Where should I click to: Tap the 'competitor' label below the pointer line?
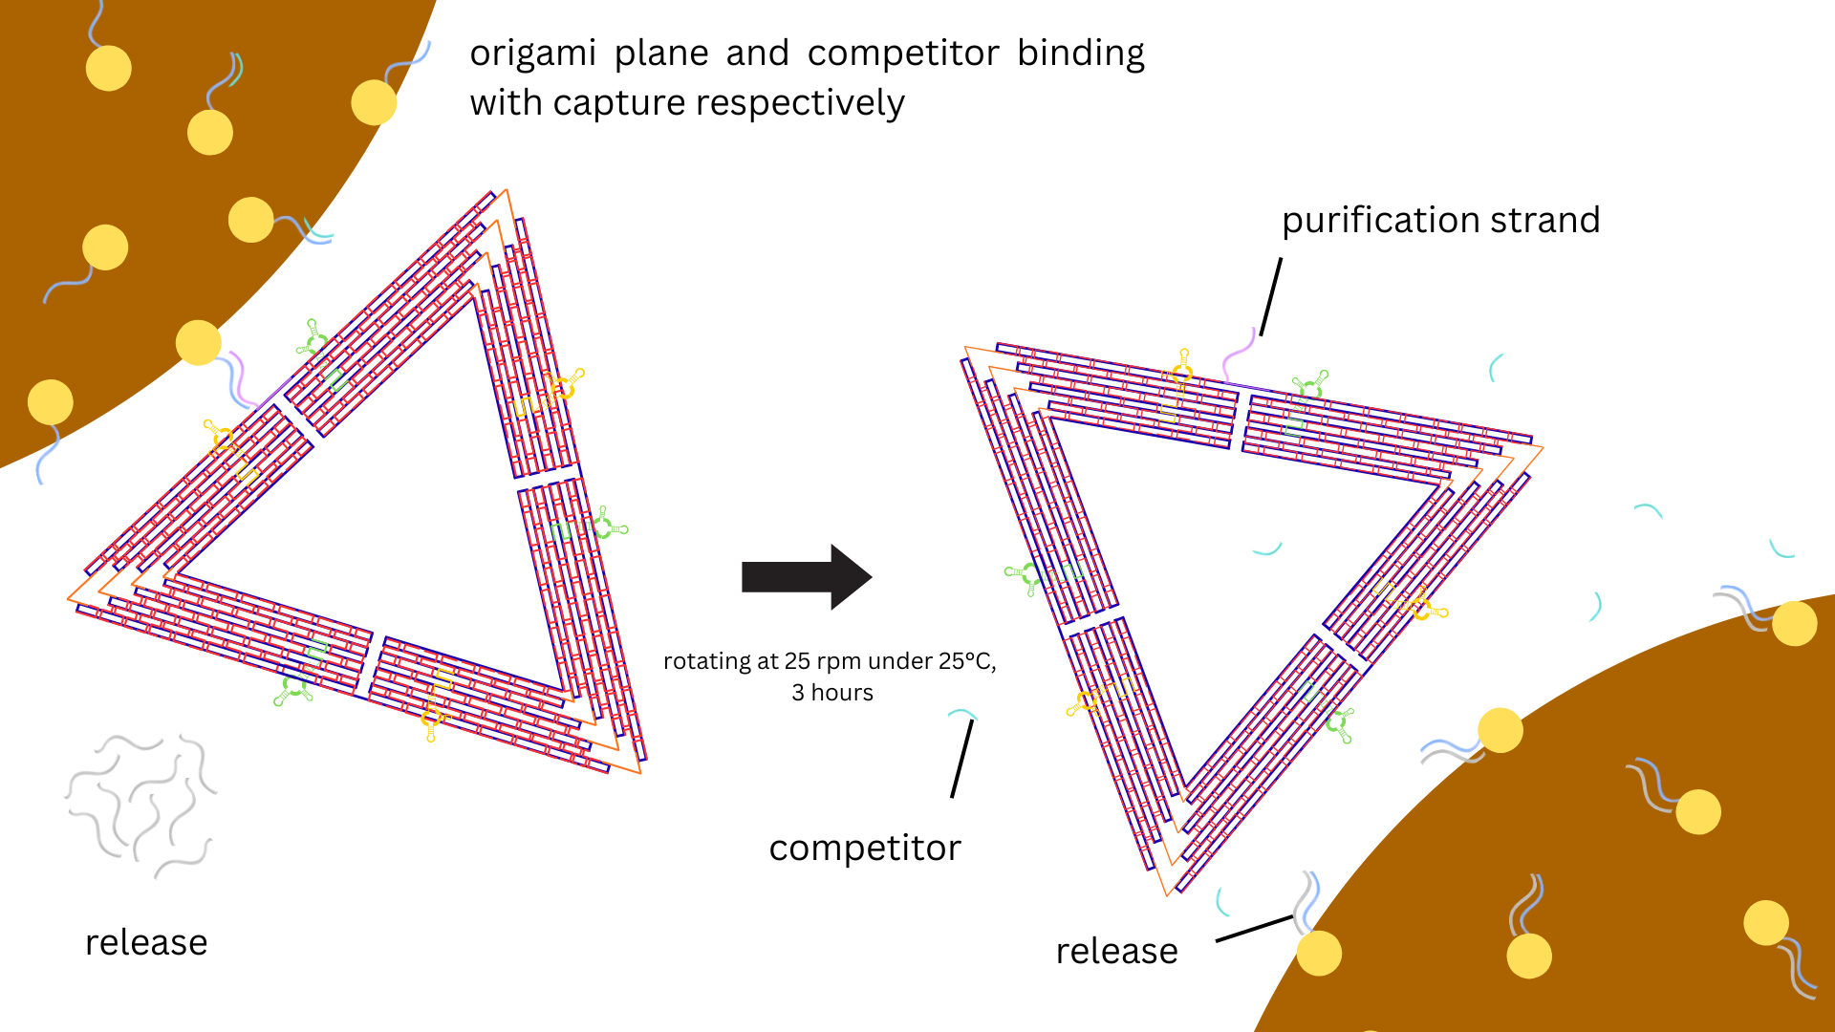tap(865, 848)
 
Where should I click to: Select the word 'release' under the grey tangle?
tap(146, 942)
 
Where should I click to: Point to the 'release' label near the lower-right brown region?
tap(1116, 951)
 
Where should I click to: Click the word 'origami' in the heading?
tap(533, 54)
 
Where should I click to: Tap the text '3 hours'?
tap(832, 693)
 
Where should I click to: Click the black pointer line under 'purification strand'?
tap(1270, 296)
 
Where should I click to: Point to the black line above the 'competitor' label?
tap(962, 759)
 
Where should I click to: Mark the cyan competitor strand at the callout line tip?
tap(961, 714)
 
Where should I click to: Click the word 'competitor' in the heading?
tap(903, 54)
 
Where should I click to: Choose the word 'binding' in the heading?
tap(1080, 54)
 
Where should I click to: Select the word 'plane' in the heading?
tap(661, 54)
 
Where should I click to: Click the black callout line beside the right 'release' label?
tap(1254, 928)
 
